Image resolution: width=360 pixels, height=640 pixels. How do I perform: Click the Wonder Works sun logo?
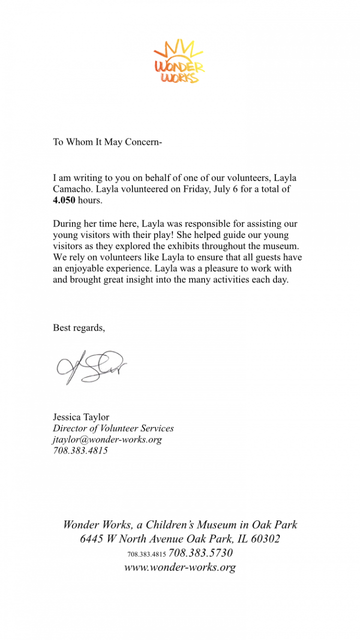[179, 60]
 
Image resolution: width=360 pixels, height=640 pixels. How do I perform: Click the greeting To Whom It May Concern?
[107, 142]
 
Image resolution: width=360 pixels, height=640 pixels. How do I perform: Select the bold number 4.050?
[64, 200]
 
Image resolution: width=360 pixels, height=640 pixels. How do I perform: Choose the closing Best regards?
[79, 328]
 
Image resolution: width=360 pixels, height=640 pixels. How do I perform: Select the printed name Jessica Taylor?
[81, 417]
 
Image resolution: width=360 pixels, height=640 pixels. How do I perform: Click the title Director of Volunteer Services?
[113, 428]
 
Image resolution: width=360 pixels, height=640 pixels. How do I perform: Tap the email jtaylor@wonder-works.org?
[107, 439]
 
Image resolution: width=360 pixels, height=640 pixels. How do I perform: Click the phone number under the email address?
[80, 450]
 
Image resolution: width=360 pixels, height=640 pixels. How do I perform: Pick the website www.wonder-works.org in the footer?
[180, 567]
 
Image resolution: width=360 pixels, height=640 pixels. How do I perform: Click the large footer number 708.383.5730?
[201, 553]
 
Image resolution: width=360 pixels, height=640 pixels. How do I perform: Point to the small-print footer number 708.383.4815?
[146, 554]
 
